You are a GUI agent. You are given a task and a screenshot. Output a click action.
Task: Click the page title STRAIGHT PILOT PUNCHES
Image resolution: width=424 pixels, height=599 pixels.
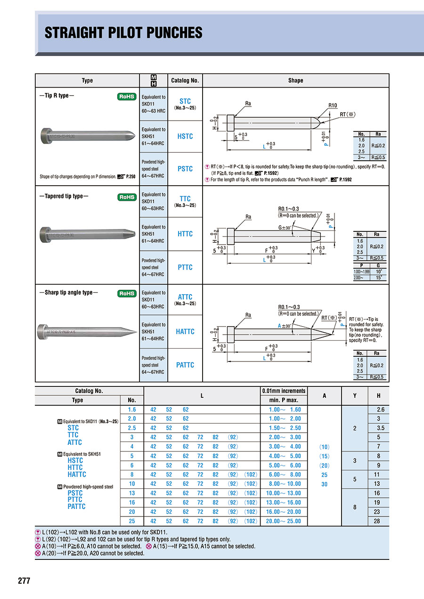pos(123,33)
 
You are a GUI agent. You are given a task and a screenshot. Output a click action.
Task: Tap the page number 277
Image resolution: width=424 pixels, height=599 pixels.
pos(24,581)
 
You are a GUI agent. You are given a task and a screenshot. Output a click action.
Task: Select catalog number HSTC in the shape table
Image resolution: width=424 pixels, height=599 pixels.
pos(185,136)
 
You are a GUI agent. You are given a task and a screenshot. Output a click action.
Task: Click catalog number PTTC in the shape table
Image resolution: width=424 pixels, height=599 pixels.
pos(185,267)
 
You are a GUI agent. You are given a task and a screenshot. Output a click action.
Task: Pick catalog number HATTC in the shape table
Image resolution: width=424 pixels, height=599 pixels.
pos(185,331)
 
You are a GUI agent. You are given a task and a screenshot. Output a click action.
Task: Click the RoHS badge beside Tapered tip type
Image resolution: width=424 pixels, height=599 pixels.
pos(127,197)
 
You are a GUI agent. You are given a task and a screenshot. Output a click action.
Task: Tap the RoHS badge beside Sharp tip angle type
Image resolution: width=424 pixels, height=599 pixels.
pos(127,293)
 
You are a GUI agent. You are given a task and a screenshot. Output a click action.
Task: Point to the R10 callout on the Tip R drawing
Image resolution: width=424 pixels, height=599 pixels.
pos(333,106)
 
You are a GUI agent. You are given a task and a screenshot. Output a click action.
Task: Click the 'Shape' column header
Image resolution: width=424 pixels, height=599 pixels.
pos(295,81)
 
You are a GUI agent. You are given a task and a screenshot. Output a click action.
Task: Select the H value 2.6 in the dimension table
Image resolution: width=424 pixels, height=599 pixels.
pos(380,410)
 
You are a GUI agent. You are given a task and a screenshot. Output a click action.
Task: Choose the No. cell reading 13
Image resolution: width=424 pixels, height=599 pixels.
pos(132,493)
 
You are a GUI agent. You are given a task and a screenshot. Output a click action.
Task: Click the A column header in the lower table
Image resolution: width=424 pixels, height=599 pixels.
pos(324,396)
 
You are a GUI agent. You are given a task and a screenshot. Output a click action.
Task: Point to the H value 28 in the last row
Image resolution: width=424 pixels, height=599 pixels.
pos(380,521)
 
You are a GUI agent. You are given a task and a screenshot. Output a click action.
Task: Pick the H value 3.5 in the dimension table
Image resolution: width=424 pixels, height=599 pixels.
pos(380,428)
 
